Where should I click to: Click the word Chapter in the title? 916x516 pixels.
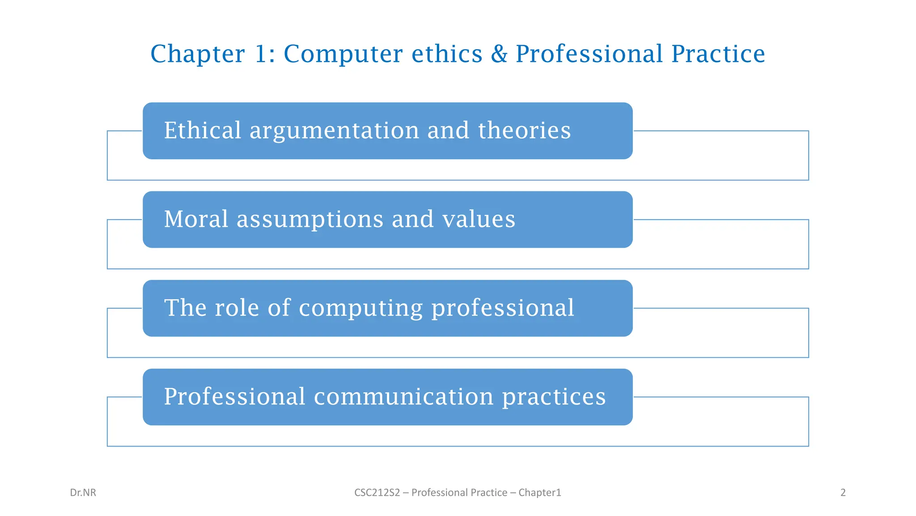tap(197, 54)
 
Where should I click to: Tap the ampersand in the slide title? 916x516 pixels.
tap(499, 54)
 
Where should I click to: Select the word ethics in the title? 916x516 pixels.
tap(447, 54)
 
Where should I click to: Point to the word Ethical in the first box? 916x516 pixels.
tap(203, 130)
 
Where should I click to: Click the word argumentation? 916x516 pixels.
tap(334, 131)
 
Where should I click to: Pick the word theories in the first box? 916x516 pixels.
tap(524, 130)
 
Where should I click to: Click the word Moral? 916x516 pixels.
tap(196, 219)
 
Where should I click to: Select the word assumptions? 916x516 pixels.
tap(310, 220)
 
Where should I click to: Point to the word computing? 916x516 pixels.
tap(360, 309)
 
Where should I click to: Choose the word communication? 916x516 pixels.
tap(403, 396)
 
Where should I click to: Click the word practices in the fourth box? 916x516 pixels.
tap(554, 397)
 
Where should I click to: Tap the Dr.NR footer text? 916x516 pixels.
tap(83, 493)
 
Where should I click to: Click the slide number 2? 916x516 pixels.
tap(843, 493)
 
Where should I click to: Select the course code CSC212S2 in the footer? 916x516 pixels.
tap(377, 493)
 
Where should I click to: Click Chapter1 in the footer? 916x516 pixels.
tap(539, 493)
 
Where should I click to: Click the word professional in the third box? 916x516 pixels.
tap(502, 309)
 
